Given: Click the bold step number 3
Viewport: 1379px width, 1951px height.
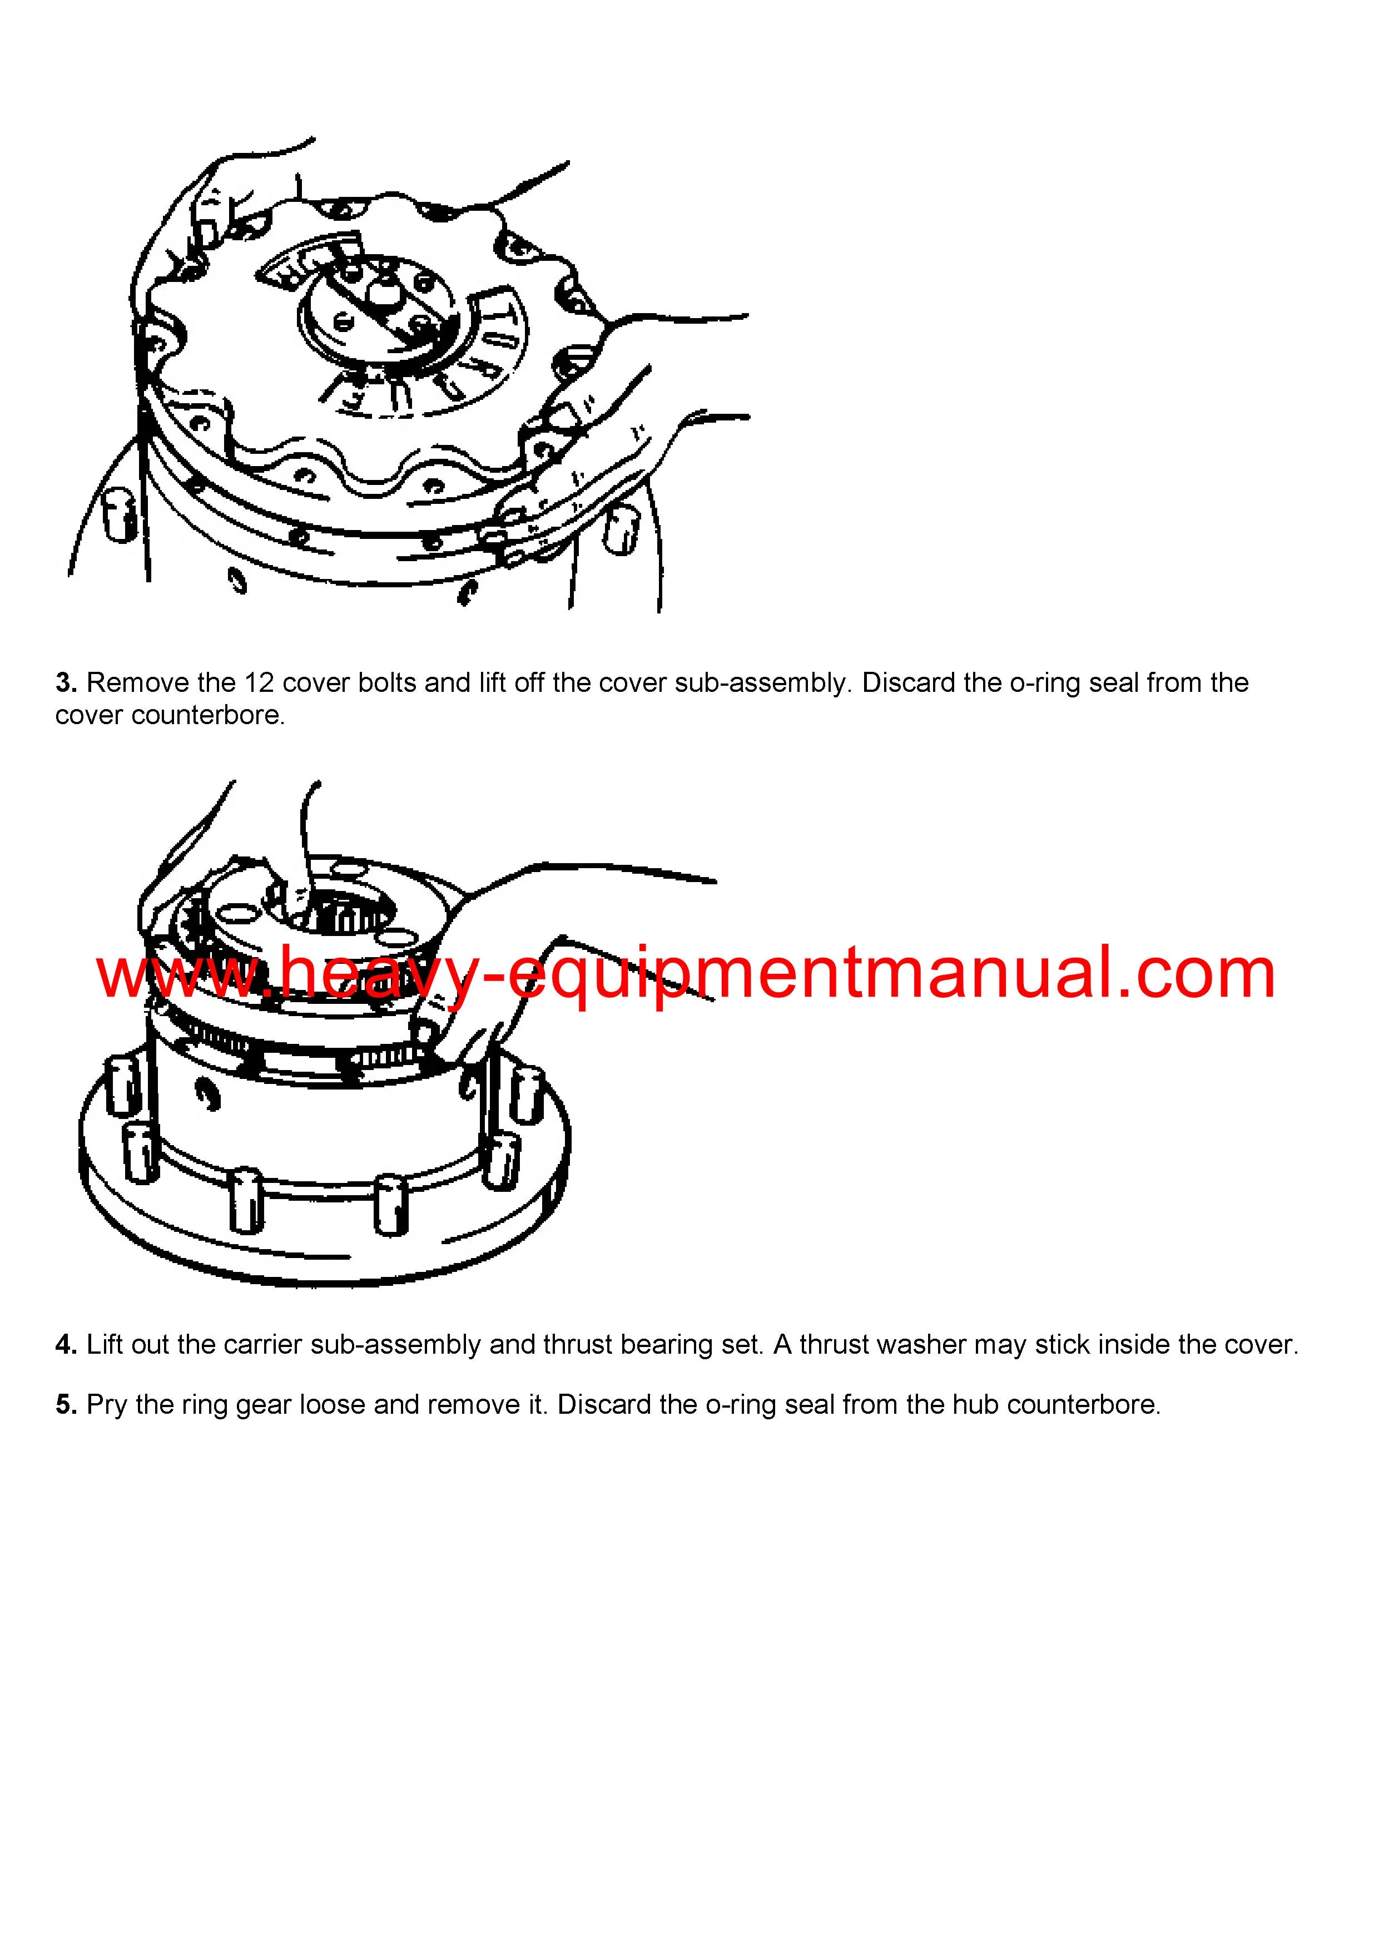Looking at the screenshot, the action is tap(66, 683).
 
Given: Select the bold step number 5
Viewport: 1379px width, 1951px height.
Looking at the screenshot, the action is tap(66, 1405).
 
